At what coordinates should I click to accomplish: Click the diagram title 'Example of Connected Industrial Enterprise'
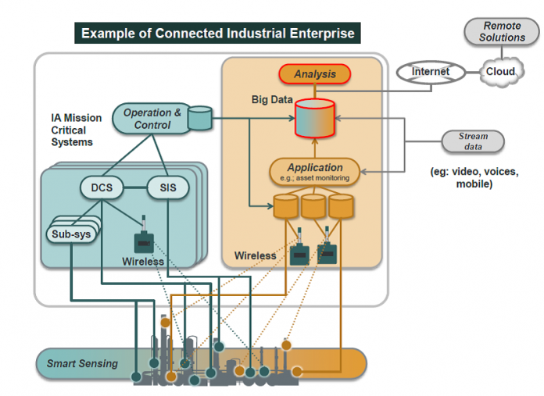point(217,34)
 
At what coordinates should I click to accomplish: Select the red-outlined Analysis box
point(315,74)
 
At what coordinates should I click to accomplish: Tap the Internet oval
point(431,72)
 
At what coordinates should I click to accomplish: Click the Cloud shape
point(500,71)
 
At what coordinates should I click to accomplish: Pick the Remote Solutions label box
point(502,32)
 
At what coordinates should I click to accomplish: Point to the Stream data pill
point(472,141)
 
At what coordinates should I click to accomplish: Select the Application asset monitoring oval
point(314,171)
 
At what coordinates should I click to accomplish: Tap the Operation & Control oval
point(152,119)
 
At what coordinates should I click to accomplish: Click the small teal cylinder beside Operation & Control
point(201,119)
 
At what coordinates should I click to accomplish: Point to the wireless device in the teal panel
point(143,237)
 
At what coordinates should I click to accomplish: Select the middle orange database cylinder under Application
point(314,206)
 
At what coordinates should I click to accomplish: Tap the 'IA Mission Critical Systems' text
point(77,130)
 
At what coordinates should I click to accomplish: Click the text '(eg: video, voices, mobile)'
point(474,177)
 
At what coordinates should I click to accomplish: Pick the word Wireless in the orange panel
point(255,255)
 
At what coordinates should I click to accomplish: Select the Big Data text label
point(272,100)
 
